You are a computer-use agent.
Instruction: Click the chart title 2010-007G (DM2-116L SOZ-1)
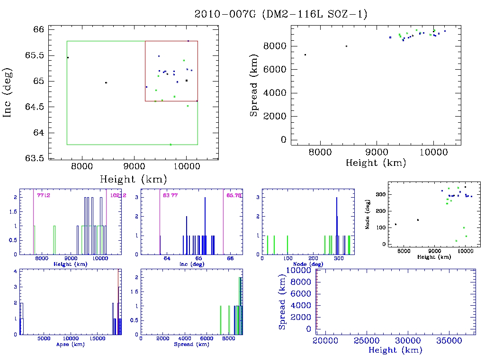(x=281, y=14)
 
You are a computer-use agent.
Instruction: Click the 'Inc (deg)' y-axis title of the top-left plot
(x=8, y=93)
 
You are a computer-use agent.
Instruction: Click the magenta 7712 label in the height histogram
(x=44, y=195)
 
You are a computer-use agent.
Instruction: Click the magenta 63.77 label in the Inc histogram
(x=170, y=195)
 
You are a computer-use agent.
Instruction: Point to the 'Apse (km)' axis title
(x=70, y=344)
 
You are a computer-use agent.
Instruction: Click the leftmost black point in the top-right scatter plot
(x=305, y=55)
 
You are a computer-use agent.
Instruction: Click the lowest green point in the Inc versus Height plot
(x=171, y=144)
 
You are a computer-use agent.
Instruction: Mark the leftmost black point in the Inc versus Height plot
(x=68, y=57)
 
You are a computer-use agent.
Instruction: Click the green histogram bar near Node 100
(x=287, y=245)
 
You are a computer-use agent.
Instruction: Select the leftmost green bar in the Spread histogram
(x=221, y=320)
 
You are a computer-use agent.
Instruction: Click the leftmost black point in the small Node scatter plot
(x=395, y=224)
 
